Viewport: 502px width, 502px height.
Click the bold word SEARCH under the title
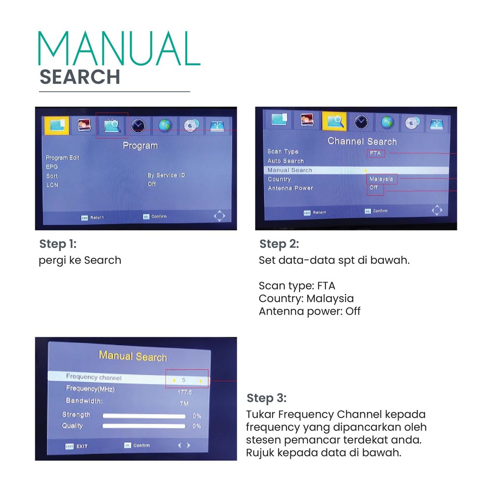79,77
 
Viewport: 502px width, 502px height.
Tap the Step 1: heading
58,244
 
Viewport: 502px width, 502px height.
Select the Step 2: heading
279,244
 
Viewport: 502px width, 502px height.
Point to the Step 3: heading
267,398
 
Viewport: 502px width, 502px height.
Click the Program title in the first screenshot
140,146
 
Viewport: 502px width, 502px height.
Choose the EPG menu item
52,167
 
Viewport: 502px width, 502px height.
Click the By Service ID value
166,175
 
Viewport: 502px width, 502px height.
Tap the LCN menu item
52,185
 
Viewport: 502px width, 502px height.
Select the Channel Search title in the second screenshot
362,141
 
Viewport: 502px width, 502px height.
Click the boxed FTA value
376,153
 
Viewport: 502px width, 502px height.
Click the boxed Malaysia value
381,179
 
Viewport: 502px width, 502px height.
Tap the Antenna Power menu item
290,188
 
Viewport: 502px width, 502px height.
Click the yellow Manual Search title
133,356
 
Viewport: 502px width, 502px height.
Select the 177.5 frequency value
184,392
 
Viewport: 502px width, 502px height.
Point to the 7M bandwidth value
184,403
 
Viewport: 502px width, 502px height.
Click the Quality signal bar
144,426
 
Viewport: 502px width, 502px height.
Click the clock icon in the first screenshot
138,126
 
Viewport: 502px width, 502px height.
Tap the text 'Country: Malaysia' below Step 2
306,299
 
